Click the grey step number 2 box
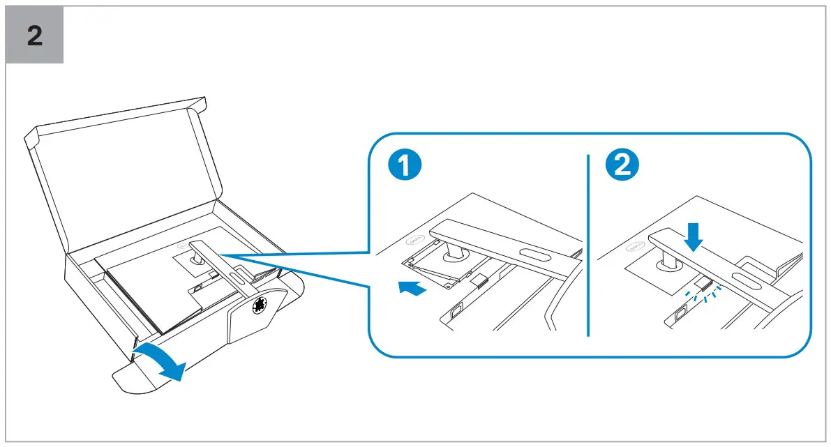(35, 35)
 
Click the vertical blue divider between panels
(588, 244)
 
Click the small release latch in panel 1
(479, 281)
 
